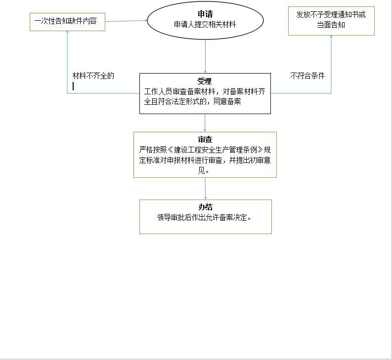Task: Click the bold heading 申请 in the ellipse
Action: (205, 14)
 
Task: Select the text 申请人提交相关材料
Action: (205, 24)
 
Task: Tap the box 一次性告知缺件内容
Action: (67, 22)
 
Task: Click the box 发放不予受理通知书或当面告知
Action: (331, 21)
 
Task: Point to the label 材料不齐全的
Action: (93, 76)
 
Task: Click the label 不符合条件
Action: (307, 76)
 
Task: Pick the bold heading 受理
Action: (205, 81)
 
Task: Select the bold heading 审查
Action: (205, 139)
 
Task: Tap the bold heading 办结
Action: (205, 207)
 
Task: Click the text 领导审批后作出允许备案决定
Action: (204, 217)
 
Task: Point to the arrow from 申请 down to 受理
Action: (205, 56)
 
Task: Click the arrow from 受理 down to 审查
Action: (205, 123)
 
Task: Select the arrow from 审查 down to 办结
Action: (205, 189)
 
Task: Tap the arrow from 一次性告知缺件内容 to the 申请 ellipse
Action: (126, 21)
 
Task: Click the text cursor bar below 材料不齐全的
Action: (73, 86)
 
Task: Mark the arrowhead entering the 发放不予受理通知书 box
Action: (331, 37)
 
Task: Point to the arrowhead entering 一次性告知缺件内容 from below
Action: (67, 32)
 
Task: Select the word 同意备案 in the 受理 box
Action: (227, 101)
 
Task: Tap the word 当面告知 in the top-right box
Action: (331, 25)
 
